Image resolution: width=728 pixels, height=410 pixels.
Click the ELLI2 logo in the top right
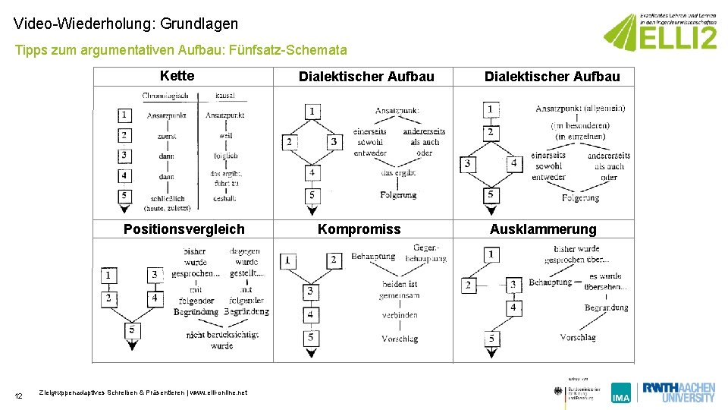pos(660,32)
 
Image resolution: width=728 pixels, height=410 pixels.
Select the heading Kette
pos(177,76)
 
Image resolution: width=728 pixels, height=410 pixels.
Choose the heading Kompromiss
pos(359,229)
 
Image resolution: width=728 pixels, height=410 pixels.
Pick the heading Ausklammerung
pos(543,229)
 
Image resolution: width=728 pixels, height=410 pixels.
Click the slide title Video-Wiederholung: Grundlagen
pos(126,24)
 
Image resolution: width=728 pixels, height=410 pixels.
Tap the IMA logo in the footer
pos(621,393)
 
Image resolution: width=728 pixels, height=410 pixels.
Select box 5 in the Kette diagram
pos(124,196)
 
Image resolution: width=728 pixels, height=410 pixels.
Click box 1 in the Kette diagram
pos(124,115)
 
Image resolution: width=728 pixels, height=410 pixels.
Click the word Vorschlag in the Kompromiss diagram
pos(400,339)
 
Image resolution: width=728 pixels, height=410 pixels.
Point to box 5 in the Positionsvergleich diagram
pos(133,330)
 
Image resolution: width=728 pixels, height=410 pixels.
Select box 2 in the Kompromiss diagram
pos(333,260)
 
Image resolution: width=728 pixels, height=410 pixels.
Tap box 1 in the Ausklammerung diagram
pos(492,254)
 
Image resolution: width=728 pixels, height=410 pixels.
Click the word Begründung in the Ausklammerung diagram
pos(606,307)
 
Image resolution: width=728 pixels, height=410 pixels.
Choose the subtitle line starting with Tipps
pos(181,50)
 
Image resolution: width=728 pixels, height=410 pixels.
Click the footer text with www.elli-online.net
pos(143,393)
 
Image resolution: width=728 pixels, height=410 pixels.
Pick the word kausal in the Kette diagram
pos(224,96)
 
